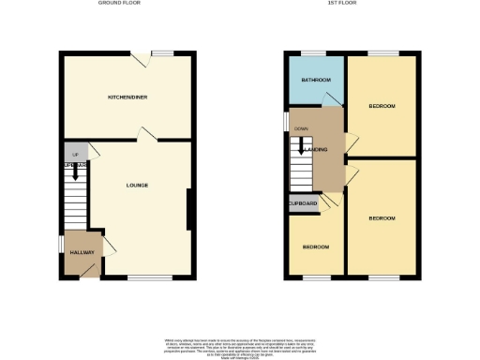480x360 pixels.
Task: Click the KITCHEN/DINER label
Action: click(127, 97)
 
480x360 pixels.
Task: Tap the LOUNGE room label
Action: click(137, 185)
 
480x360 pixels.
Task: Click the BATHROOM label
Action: click(314, 80)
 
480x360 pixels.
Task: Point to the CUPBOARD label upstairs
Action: click(303, 203)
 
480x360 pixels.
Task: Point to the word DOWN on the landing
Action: click(301, 128)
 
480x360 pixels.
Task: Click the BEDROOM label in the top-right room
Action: click(382, 106)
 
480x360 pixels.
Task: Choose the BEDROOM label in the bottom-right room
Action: click(382, 218)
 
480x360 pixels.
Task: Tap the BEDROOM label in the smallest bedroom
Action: click(315, 247)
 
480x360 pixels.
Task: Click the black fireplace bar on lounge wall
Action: click(188, 209)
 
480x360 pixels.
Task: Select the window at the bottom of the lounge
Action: click(142, 277)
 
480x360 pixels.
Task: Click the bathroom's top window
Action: click(313, 52)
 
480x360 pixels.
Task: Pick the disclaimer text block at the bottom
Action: click(240, 343)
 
